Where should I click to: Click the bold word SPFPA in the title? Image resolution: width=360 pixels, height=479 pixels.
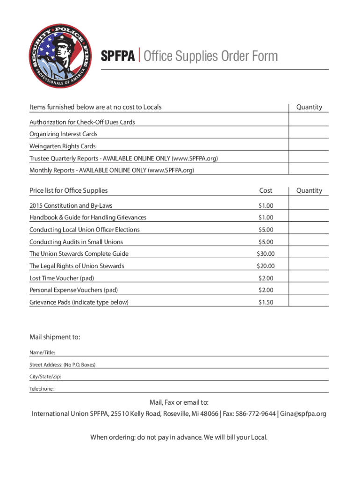point(119,57)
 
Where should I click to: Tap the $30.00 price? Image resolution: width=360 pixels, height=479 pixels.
point(266,254)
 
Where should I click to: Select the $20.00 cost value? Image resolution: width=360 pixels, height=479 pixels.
point(266,266)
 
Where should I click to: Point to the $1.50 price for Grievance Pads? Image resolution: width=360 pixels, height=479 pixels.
point(266,302)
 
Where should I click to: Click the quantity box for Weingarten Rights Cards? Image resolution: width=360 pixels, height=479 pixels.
point(309,146)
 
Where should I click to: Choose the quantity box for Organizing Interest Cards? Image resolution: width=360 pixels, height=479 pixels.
point(309,134)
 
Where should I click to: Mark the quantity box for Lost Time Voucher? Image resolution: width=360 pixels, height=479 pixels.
point(309,278)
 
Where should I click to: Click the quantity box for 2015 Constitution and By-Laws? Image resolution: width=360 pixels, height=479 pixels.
point(309,205)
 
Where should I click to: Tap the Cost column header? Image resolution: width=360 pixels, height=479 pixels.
point(266,190)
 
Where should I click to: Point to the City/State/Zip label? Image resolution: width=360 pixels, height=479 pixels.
point(45,377)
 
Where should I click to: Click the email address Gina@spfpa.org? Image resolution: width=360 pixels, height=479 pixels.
point(304,414)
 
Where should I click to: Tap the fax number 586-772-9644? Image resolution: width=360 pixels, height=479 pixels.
point(255,414)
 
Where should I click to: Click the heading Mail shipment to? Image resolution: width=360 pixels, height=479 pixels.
point(55,337)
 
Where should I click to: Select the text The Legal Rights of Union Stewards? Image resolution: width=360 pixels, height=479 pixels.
point(77,266)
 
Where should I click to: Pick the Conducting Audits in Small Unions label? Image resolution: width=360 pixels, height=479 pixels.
point(76,242)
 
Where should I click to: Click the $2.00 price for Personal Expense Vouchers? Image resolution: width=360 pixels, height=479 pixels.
point(266,290)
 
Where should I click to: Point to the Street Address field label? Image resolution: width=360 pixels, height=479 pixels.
point(62,364)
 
